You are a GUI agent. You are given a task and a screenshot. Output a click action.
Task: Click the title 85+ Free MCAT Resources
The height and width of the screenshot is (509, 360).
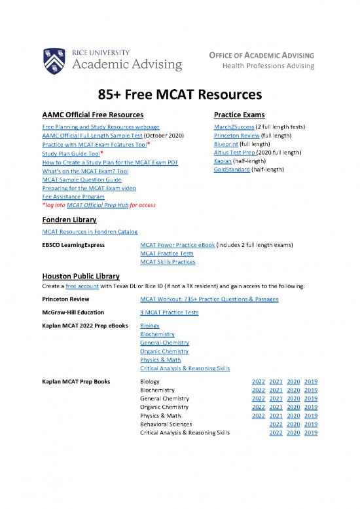(x=179, y=94)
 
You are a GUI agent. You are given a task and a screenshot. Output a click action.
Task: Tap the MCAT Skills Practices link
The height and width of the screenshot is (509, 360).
(x=168, y=262)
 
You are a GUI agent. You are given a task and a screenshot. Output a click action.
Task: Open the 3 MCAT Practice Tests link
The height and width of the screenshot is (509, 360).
(x=169, y=312)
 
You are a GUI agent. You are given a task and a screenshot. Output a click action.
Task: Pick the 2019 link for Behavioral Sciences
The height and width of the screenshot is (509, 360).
(x=311, y=423)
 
